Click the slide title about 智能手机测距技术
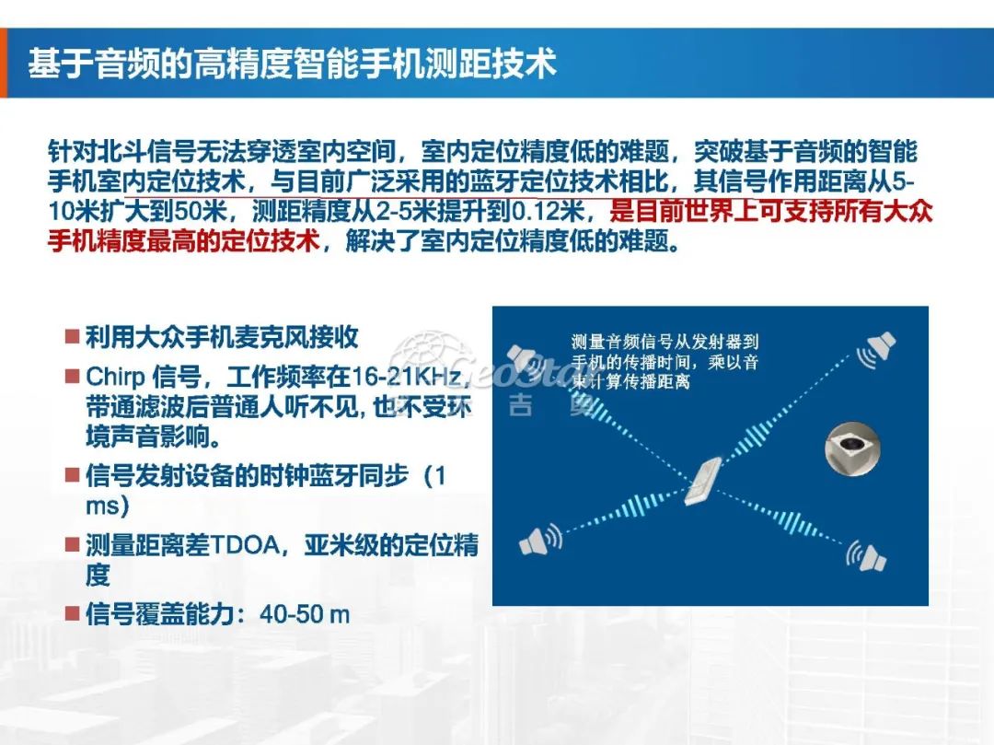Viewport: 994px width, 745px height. pos(292,64)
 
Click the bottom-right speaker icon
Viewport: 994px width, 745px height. pos(866,555)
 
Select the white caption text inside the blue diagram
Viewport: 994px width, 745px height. pos(665,360)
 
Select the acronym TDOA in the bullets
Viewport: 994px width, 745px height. pos(241,544)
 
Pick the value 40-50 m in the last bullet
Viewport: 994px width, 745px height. pos(305,614)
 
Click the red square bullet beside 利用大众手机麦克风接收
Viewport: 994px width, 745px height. pos(71,336)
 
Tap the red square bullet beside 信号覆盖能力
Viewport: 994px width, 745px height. pos(71,613)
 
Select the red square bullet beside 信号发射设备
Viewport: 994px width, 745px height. pos(71,475)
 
